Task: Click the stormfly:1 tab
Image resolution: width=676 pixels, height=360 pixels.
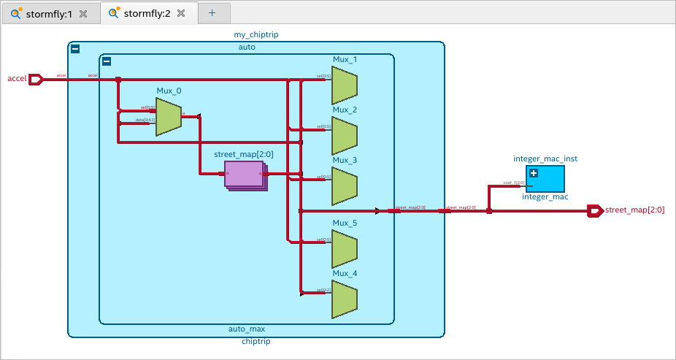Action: (48, 13)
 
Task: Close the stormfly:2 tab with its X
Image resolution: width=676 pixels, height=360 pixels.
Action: (181, 13)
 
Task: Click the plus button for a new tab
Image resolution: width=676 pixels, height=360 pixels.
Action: (212, 13)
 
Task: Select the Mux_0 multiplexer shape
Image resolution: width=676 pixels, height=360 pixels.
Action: (168, 118)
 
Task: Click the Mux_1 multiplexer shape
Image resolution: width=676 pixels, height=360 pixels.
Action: (344, 85)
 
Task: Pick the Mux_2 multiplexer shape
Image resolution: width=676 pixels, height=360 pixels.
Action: (344, 136)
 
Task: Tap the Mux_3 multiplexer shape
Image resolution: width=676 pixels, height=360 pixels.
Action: (344, 186)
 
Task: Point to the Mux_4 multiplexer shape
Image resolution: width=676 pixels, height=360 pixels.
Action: (344, 299)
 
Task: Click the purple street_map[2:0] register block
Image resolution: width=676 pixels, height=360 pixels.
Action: (243, 174)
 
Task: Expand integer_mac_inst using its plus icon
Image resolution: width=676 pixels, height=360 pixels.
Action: (534, 173)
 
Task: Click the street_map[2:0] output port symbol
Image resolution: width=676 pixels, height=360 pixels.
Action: (595, 211)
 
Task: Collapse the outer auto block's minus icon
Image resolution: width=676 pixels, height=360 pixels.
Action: (75, 49)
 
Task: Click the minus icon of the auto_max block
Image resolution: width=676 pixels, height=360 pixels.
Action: (107, 61)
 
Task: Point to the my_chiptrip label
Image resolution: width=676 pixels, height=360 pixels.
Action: (255, 34)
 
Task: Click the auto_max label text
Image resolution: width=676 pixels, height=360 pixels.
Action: (247, 329)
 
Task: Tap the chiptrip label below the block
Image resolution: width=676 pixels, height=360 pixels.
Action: (255, 342)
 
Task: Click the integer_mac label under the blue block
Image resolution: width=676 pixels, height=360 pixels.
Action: (545, 196)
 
